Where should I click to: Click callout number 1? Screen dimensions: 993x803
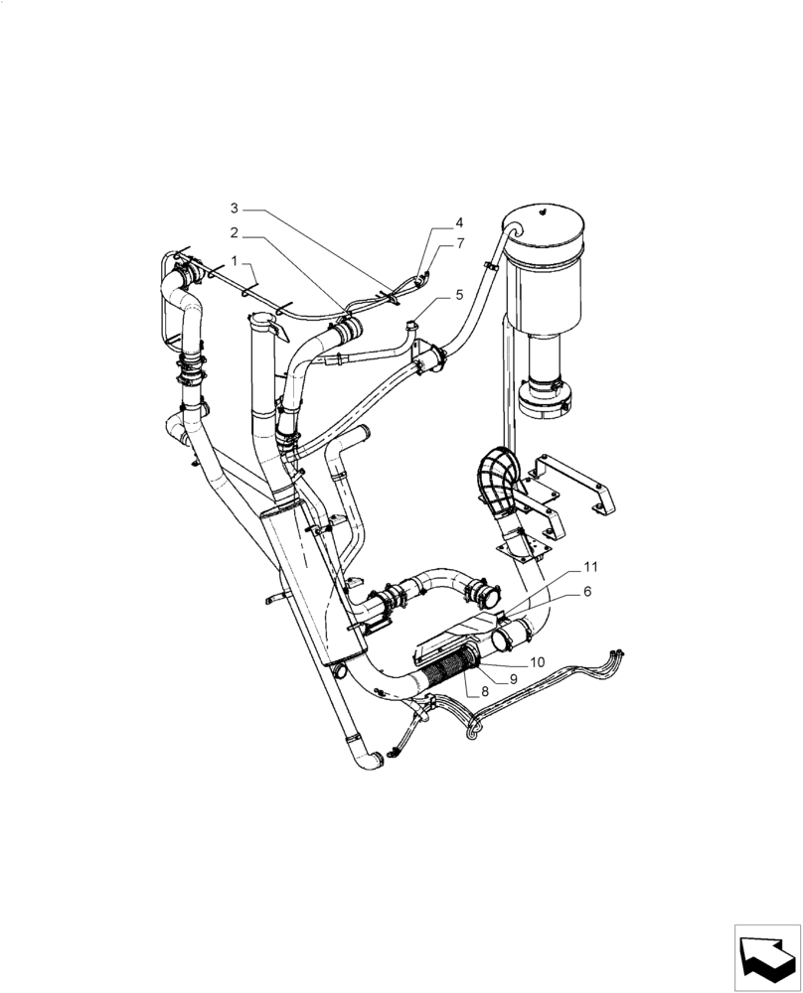pyautogui.click(x=235, y=260)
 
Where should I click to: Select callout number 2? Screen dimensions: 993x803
pyautogui.click(x=235, y=233)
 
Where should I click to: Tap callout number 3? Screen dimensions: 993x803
pyautogui.click(x=235, y=209)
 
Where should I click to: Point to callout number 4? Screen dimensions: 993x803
pyautogui.click(x=459, y=223)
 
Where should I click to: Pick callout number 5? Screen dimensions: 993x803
pyautogui.click(x=459, y=295)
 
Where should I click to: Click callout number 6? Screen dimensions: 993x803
pyautogui.click(x=587, y=591)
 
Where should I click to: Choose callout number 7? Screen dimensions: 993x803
pyautogui.click(x=459, y=243)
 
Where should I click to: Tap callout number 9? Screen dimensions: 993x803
pyautogui.click(x=514, y=679)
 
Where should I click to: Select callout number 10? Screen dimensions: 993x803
pyautogui.click(x=537, y=661)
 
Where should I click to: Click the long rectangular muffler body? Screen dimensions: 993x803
pyautogui.click(x=303, y=586)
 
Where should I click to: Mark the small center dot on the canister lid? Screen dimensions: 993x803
pyautogui.click(x=543, y=211)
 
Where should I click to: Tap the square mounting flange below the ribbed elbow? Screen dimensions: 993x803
pyautogui.click(x=520, y=542)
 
